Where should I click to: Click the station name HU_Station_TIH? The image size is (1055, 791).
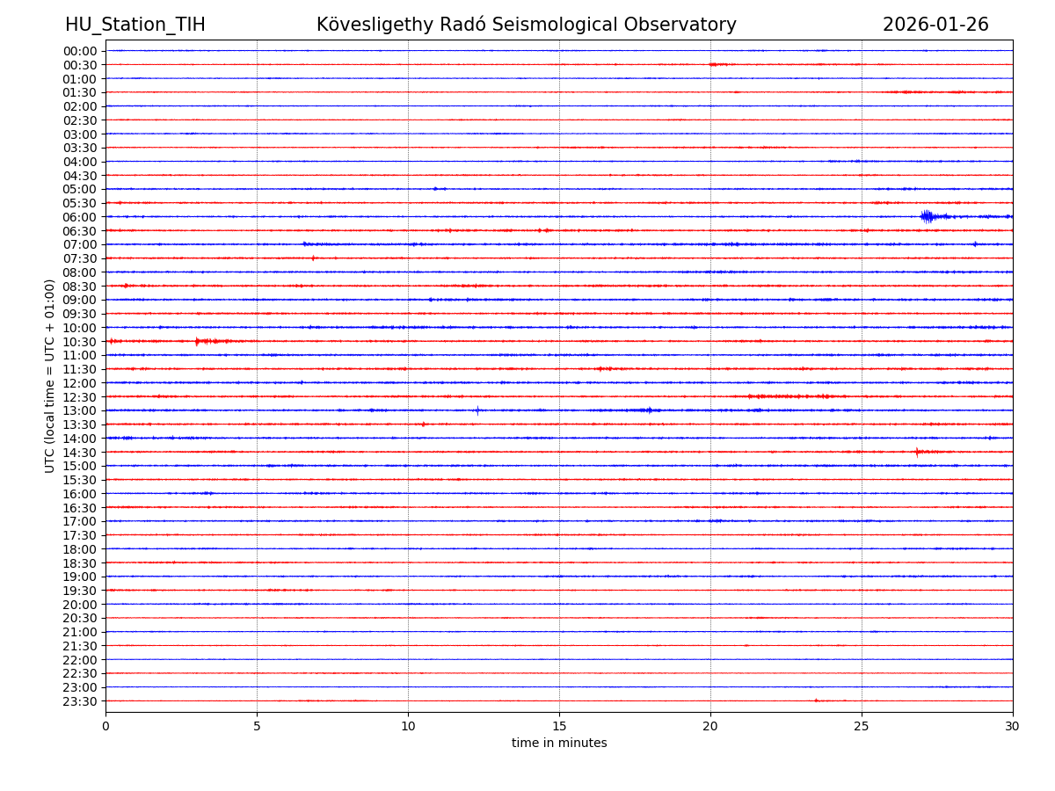[x=135, y=25]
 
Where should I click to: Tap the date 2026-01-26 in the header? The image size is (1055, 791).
[x=935, y=25]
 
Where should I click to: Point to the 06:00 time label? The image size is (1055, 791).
[x=80, y=217]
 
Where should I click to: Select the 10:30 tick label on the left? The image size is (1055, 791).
[x=80, y=342]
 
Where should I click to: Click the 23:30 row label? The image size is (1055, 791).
[x=80, y=701]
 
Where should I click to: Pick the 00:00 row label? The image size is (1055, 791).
[x=80, y=51]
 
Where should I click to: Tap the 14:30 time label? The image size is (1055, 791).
[x=80, y=453]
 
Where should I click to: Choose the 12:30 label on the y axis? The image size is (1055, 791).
[x=80, y=397]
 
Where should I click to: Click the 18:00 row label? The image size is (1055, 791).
[x=80, y=549]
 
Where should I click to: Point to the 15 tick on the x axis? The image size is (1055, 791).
[x=559, y=726]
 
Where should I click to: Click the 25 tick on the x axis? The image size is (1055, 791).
[x=862, y=726]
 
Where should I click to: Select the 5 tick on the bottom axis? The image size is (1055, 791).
[x=257, y=726]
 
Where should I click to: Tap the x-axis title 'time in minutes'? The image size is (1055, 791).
[x=559, y=744]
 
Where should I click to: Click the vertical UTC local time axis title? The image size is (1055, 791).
[x=51, y=375]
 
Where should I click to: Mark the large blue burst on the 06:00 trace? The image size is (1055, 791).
[x=928, y=216]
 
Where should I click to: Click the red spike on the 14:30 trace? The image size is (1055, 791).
[x=916, y=452]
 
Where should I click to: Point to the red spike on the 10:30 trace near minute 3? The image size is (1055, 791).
[x=197, y=341]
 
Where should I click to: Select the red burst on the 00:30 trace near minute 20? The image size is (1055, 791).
[x=716, y=64]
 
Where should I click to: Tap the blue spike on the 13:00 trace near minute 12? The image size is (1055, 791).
[x=477, y=410]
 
